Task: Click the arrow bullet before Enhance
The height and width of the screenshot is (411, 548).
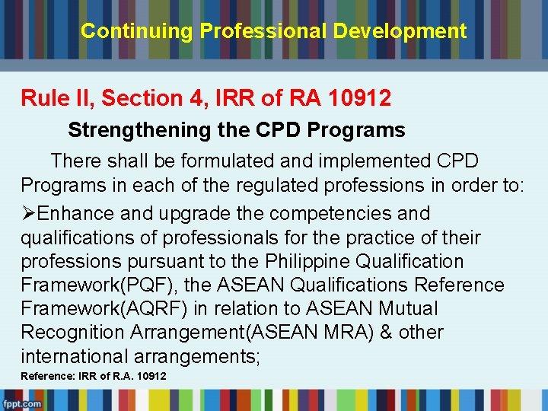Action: click(x=28, y=214)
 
